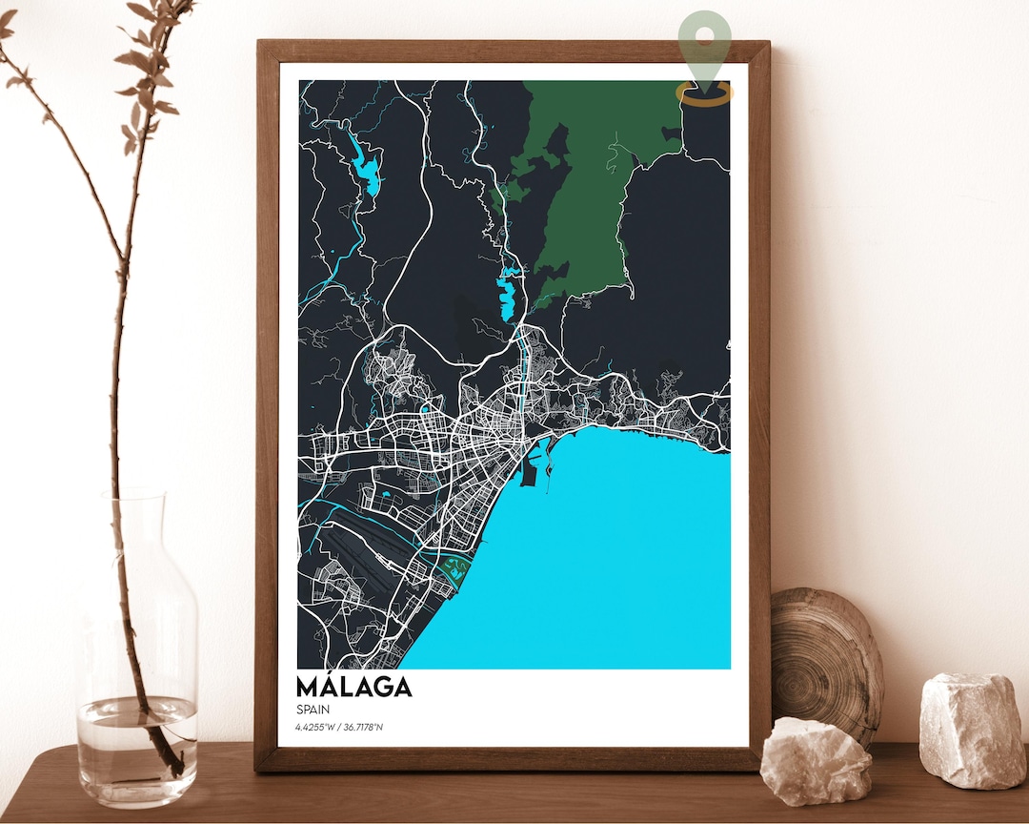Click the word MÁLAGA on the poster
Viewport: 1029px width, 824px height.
[x=353, y=687]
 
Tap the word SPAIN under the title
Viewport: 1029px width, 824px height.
[x=313, y=711]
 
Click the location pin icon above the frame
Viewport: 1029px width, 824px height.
[x=705, y=43]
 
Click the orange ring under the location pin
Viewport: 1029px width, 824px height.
[x=705, y=93]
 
